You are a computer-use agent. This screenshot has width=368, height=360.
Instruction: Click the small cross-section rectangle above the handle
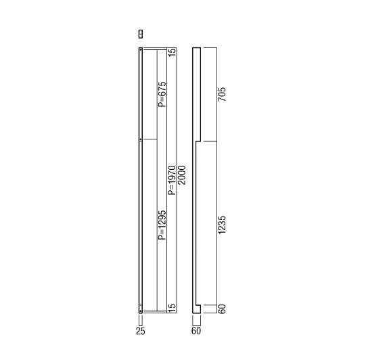point(141,34)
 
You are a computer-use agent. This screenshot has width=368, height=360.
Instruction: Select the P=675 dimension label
point(162,94)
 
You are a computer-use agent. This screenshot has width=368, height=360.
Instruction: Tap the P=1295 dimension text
point(162,225)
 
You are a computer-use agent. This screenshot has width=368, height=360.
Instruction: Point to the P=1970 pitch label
point(172,180)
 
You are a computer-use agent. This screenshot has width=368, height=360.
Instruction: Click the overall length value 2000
point(181,175)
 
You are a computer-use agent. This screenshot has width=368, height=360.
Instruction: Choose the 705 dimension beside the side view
point(222,94)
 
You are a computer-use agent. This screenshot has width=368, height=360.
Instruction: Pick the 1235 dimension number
point(222,225)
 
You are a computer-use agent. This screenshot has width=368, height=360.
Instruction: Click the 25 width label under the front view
point(141,331)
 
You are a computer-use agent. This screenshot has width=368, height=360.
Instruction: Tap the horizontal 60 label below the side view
point(196,331)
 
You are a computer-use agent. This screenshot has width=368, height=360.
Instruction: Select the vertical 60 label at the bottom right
point(222,309)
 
